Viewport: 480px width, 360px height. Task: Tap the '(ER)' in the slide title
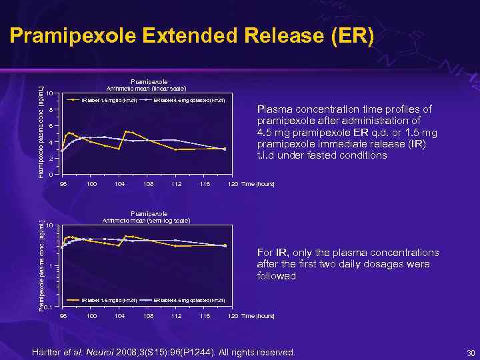(x=349, y=37)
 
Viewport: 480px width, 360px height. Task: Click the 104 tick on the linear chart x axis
(x=119, y=183)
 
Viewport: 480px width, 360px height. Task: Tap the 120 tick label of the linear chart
(x=232, y=183)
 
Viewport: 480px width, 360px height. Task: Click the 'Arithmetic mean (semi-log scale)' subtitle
(x=146, y=220)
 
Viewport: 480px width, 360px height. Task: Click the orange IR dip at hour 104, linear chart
(x=119, y=149)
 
